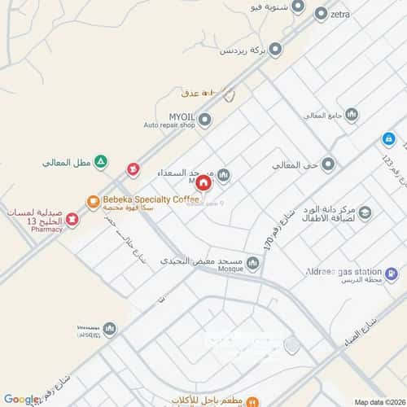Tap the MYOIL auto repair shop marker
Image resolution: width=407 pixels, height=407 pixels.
click(x=205, y=120)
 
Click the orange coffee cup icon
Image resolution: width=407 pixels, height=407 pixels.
click(x=93, y=200)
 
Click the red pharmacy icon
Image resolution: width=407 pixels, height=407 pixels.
click(x=72, y=219)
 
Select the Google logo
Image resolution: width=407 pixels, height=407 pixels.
click(x=22, y=399)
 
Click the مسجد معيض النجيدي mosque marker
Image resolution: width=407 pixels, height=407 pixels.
click(x=253, y=262)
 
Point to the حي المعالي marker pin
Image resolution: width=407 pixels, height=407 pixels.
click(x=328, y=165)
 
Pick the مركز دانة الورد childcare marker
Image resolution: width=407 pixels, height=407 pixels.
click(x=365, y=213)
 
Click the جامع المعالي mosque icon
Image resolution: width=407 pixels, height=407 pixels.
click(x=351, y=115)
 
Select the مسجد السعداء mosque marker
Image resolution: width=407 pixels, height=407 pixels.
click(x=224, y=174)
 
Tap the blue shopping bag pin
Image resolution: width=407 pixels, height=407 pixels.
click(x=388, y=138)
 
